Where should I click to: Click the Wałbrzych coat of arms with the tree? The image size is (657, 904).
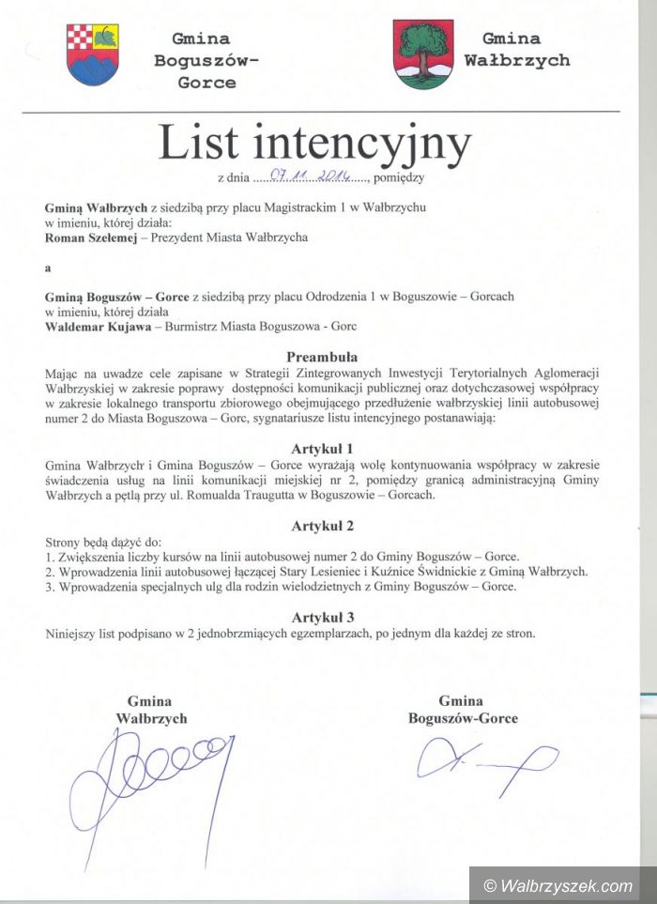click(422, 54)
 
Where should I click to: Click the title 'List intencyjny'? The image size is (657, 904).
click(313, 143)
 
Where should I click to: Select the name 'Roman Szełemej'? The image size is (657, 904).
click(85, 237)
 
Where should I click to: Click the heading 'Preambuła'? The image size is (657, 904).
click(322, 357)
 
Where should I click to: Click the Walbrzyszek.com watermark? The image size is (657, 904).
click(558, 885)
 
